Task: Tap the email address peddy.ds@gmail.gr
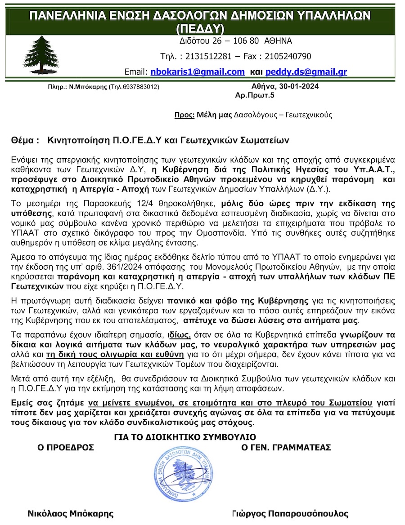306,72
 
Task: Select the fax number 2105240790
285,56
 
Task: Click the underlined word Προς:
184,115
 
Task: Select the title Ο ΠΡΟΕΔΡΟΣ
66,447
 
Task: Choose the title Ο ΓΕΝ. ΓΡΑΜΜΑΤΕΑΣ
286,447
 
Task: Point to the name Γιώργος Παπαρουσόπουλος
290,513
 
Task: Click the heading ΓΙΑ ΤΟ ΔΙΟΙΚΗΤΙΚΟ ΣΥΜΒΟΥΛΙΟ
185,437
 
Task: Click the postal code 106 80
247,41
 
